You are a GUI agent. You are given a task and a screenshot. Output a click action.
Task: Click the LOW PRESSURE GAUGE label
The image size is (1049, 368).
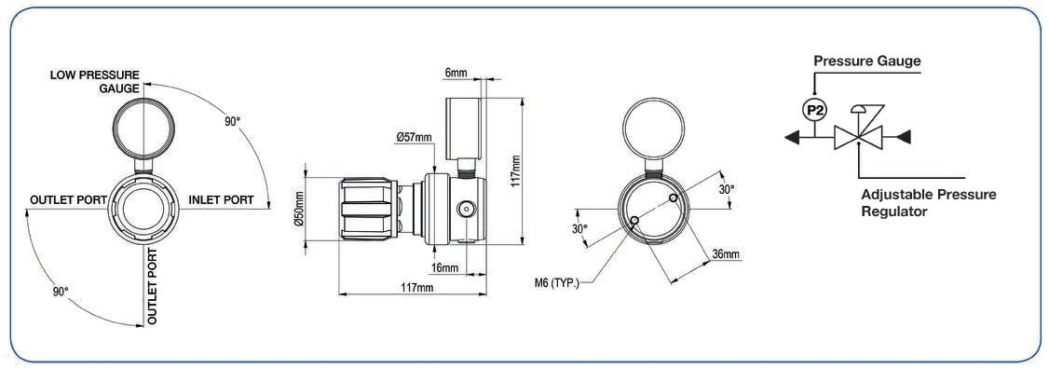click(x=94, y=81)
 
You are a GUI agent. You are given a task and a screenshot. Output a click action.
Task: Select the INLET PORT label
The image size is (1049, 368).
click(x=222, y=200)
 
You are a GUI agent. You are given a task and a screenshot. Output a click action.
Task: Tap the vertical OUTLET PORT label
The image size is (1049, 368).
click(x=153, y=286)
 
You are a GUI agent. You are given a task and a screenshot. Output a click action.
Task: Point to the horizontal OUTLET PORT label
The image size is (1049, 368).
click(x=69, y=200)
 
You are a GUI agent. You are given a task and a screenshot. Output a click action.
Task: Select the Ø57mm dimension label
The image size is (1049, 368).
click(x=415, y=137)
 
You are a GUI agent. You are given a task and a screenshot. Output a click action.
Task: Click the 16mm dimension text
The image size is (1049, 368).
click(x=445, y=267)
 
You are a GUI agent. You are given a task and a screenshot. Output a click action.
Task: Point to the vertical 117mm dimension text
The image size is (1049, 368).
click(x=515, y=172)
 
